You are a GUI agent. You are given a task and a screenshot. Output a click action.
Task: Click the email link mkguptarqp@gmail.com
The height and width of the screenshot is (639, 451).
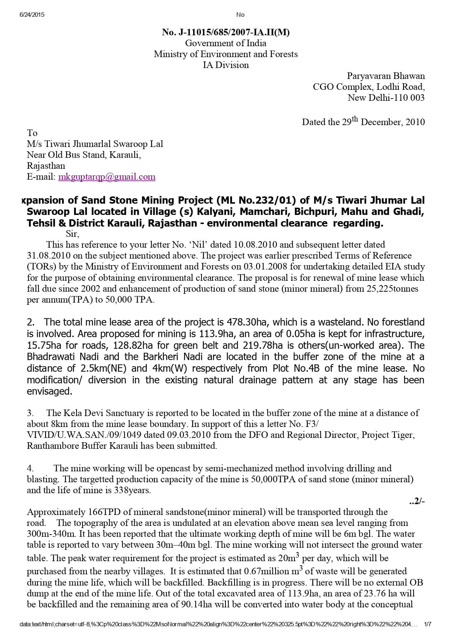[107, 177]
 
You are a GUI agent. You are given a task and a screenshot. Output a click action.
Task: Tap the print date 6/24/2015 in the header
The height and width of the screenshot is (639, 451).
[32, 15]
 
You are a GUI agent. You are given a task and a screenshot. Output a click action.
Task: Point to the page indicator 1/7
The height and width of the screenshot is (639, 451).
[428, 624]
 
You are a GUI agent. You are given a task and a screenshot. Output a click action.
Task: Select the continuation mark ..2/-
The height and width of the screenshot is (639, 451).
[417, 501]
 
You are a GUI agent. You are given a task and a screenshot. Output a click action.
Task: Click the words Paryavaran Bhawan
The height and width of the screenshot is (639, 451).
[386, 76]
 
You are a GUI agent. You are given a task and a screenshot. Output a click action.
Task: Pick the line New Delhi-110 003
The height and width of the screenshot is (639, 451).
[386, 97]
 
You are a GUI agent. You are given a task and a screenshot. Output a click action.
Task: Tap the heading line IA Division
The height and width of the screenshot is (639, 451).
[225, 65]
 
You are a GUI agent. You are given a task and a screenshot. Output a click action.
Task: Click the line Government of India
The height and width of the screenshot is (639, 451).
[225, 43]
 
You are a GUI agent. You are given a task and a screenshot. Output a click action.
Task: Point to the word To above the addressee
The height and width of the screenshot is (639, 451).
[32, 133]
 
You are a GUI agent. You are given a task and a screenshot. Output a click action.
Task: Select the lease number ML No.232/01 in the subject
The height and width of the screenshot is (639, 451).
[257, 200]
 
